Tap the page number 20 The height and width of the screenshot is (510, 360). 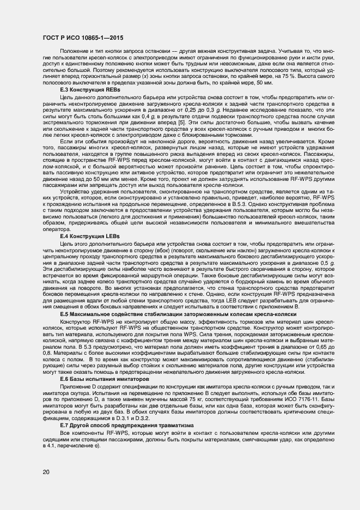[45, 471]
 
